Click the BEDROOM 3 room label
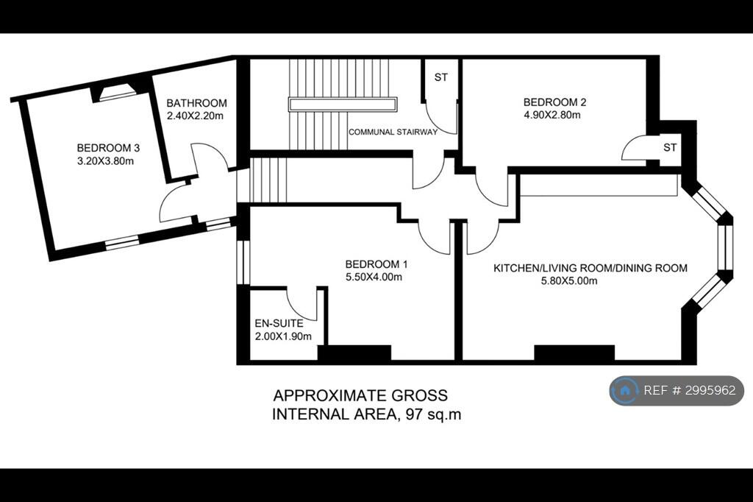pyautogui.click(x=108, y=148)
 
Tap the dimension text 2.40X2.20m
pyautogui.click(x=195, y=116)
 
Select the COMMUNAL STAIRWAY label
pyautogui.click(x=393, y=132)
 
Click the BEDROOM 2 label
pyautogui.click(x=554, y=102)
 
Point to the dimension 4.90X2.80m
pyautogui.click(x=552, y=115)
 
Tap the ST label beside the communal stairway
pyautogui.click(x=441, y=77)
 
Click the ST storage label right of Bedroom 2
pyautogui.click(x=670, y=147)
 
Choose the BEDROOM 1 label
pyautogui.click(x=376, y=264)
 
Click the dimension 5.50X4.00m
pyautogui.click(x=374, y=277)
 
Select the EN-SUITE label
pyautogui.click(x=279, y=323)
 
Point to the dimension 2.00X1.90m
pyautogui.click(x=283, y=336)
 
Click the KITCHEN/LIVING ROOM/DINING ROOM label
pyautogui.click(x=590, y=268)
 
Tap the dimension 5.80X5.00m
pyautogui.click(x=569, y=281)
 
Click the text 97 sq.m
pyautogui.click(x=434, y=414)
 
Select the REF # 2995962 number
pyautogui.click(x=689, y=390)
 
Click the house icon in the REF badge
pyautogui.click(x=625, y=390)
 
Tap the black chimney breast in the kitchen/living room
pyautogui.click(x=574, y=353)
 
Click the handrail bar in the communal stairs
pyautogui.click(x=343, y=105)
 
